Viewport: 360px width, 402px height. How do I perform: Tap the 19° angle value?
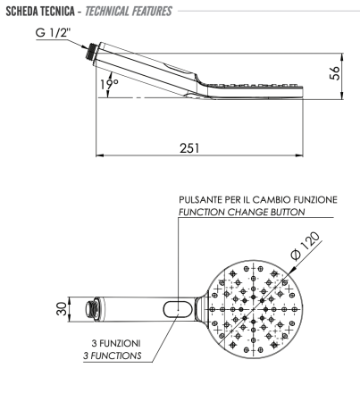(x=109, y=86)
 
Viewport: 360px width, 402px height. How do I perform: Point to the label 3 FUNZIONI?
(x=118, y=343)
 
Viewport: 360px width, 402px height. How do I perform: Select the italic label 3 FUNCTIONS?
(x=118, y=355)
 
